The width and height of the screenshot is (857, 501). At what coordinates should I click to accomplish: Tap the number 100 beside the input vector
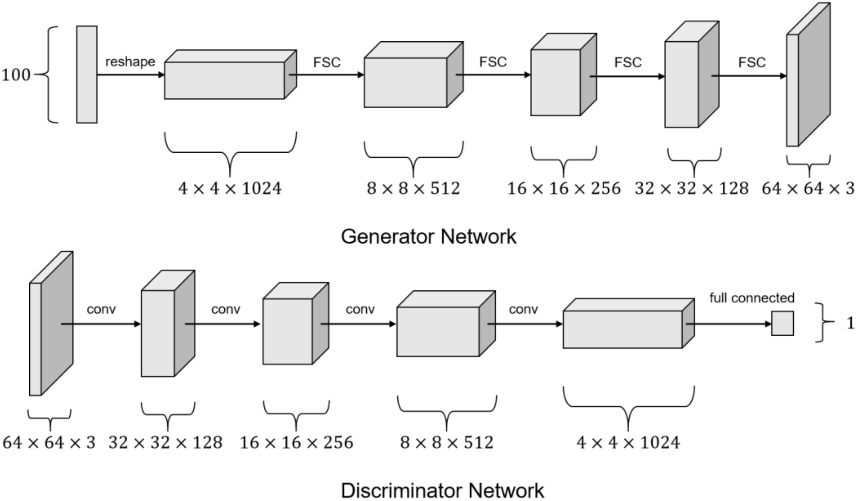point(16,75)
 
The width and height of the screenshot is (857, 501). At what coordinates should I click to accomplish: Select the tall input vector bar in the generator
point(87,75)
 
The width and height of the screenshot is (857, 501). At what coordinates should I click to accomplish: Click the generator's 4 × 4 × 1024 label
point(230,188)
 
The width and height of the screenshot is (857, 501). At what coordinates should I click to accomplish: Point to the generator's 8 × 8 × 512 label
point(413,188)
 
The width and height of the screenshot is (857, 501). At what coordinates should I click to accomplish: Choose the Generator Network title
point(429,236)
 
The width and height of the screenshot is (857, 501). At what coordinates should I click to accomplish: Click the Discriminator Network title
point(442,490)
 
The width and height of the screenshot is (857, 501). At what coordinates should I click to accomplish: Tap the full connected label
point(751,298)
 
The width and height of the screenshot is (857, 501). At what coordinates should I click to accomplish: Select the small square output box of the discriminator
point(782,323)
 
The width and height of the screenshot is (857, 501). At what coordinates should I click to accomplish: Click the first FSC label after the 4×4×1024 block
point(326,62)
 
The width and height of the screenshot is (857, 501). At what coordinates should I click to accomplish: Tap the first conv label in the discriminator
point(101,309)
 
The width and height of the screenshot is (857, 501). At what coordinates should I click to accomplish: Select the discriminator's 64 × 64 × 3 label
point(49,442)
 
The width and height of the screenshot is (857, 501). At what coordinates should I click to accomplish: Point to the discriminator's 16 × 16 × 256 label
point(296,442)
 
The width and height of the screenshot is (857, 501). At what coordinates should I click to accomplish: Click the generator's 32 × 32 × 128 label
point(691,188)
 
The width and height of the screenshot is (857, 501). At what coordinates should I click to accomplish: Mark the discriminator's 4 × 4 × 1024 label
point(628,442)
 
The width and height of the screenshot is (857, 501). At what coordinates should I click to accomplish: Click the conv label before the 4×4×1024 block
point(523,309)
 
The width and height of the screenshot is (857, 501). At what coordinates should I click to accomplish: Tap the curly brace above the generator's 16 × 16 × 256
point(564,160)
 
